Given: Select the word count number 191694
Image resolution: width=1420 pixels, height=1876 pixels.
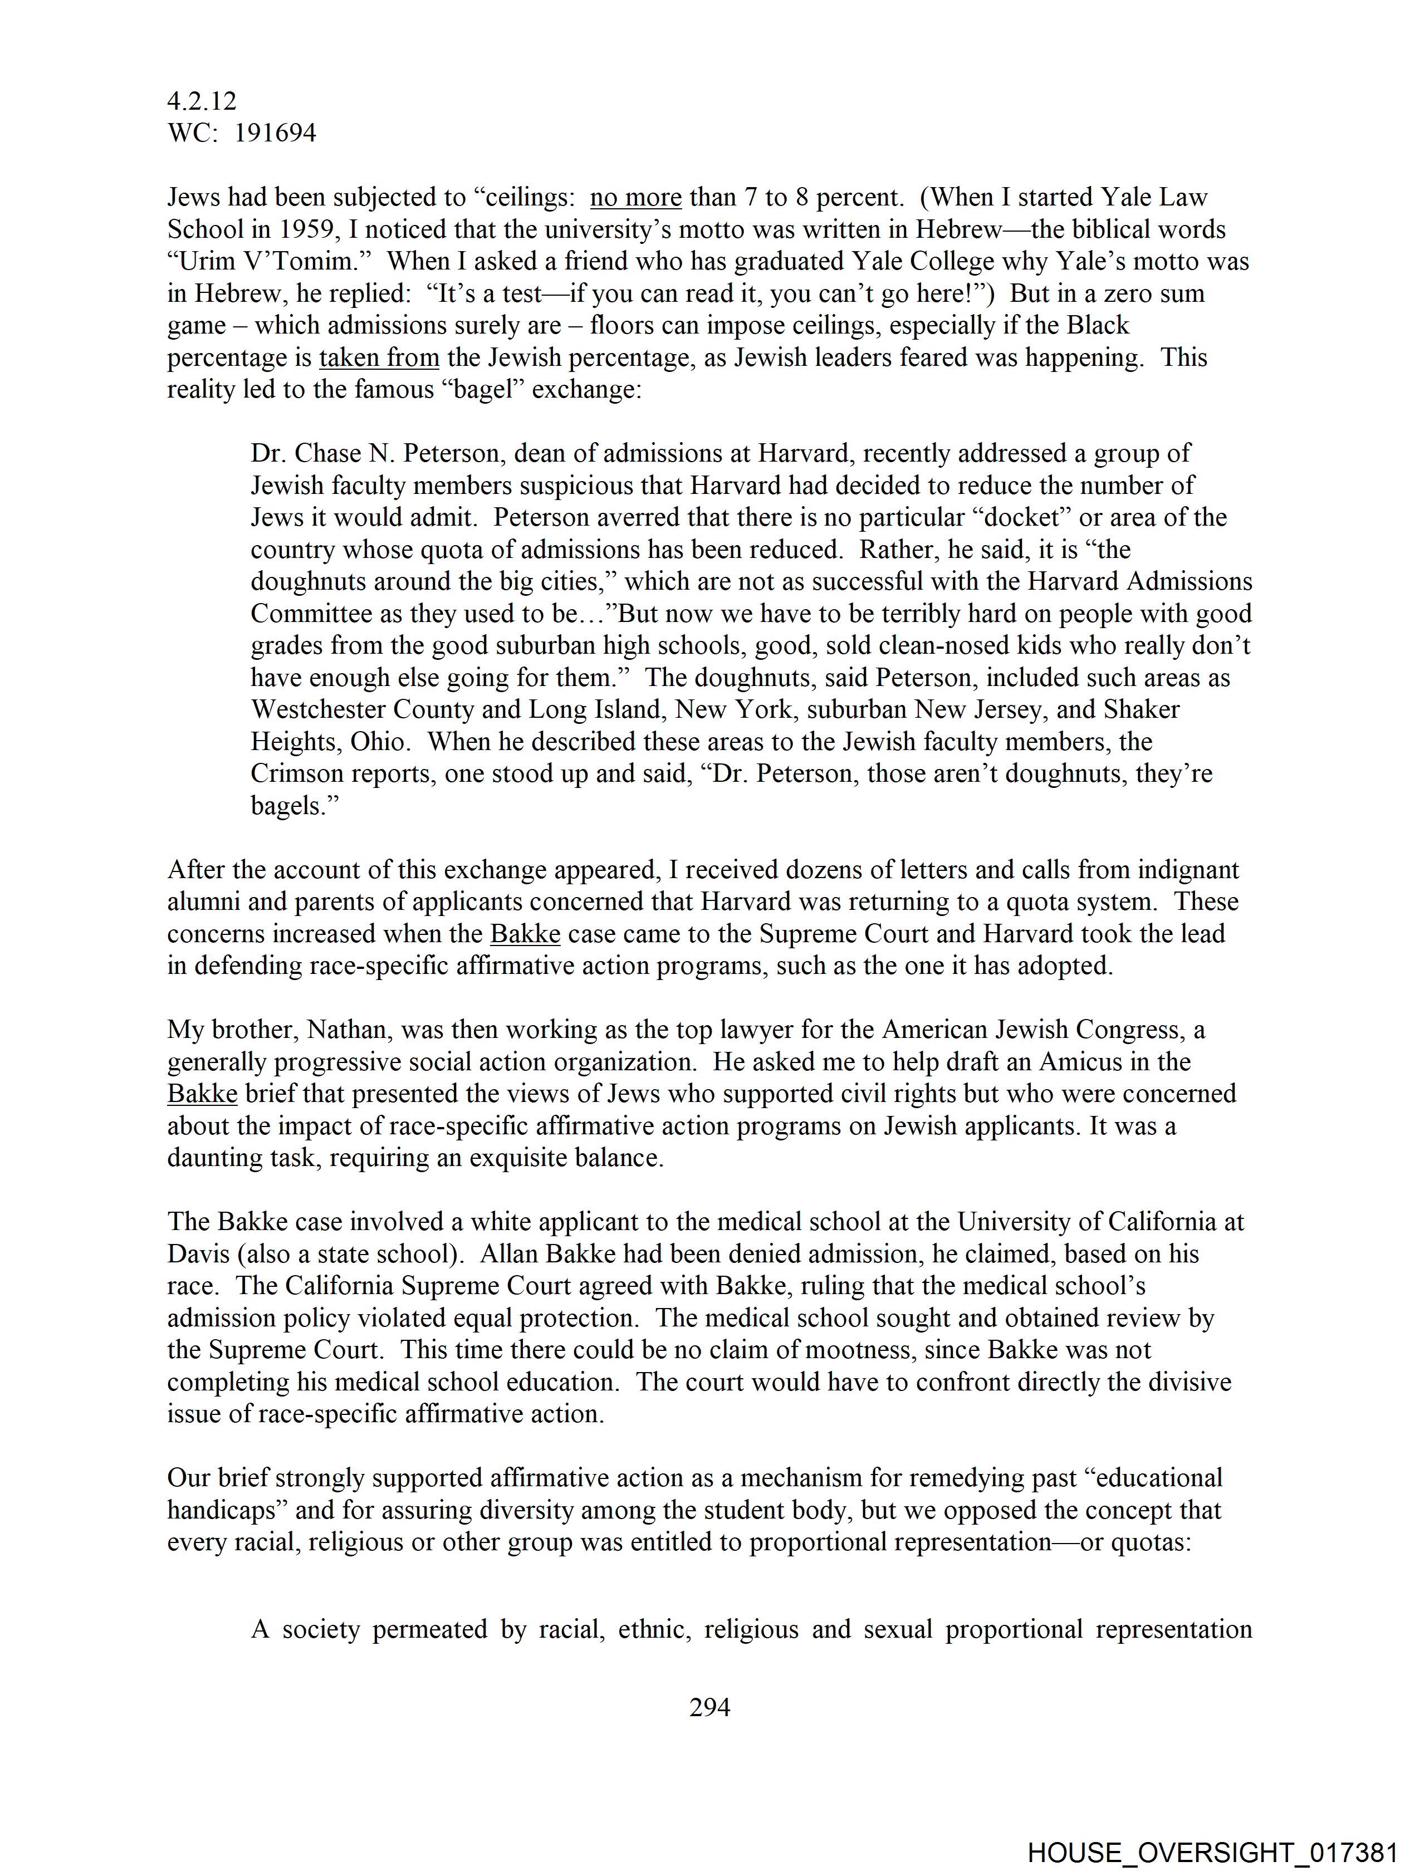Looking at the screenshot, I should click(275, 133).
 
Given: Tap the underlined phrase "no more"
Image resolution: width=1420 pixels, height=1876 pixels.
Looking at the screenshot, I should click(635, 198).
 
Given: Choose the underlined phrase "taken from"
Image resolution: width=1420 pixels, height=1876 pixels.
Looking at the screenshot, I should click(379, 358).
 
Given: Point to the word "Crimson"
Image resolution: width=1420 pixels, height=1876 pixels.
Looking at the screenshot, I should click(297, 773).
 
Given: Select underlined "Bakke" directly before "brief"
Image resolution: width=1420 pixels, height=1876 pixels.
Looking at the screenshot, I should click(202, 1094).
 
